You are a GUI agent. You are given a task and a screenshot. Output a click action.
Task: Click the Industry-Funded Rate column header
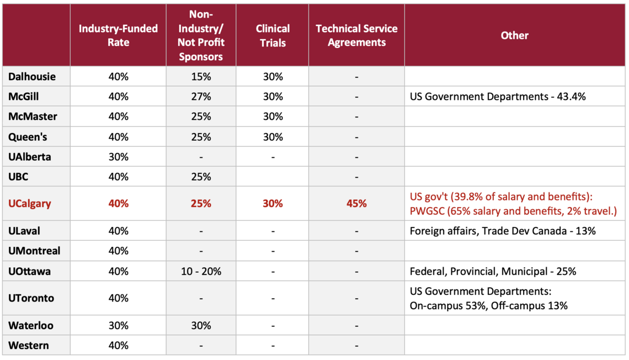pyautogui.click(x=118, y=35)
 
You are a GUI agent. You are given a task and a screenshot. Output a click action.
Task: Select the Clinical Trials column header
pyautogui.click(x=273, y=35)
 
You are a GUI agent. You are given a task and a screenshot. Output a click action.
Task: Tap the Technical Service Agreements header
pyautogui.click(x=356, y=35)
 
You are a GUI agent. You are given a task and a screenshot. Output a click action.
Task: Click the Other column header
pyautogui.click(x=514, y=35)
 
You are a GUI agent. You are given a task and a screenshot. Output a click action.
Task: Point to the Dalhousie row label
pyautogui.click(x=32, y=76)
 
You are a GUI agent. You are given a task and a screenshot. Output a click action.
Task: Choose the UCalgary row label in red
pyautogui.click(x=29, y=203)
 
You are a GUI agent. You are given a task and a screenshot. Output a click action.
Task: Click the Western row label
pyautogui.click(x=29, y=346)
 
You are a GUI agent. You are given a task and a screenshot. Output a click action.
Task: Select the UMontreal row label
pyautogui.click(x=34, y=251)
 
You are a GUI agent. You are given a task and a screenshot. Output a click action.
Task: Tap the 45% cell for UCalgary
pyautogui.click(x=356, y=203)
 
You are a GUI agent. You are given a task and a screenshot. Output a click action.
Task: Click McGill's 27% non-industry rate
pyautogui.click(x=201, y=97)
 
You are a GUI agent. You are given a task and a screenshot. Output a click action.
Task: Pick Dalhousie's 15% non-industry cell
pyautogui.click(x=201, y=76)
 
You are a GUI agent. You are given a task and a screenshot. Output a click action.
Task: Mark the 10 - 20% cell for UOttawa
pyautogui.click(x=201, y=271)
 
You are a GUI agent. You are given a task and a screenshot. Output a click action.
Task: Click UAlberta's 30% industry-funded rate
pyautogui.click(x=118, y=157)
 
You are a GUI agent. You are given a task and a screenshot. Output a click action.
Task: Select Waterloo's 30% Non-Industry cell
pyautogui.click(x=201, y=325)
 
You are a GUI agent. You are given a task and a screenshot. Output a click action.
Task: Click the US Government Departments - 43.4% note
pyautogui.click(x=497, y=97)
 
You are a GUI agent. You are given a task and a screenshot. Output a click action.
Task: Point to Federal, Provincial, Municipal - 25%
pyautogui.click(x=493, y=271)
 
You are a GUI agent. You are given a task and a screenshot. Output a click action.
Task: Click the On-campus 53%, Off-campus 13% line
pyautogui.click(x=488, y=305)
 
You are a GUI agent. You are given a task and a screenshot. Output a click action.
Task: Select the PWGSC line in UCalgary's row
pyautogui.click(x=513, y=210)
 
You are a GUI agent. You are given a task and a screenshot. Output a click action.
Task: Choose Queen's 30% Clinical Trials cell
pyautogui.click(x=273, y=137)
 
